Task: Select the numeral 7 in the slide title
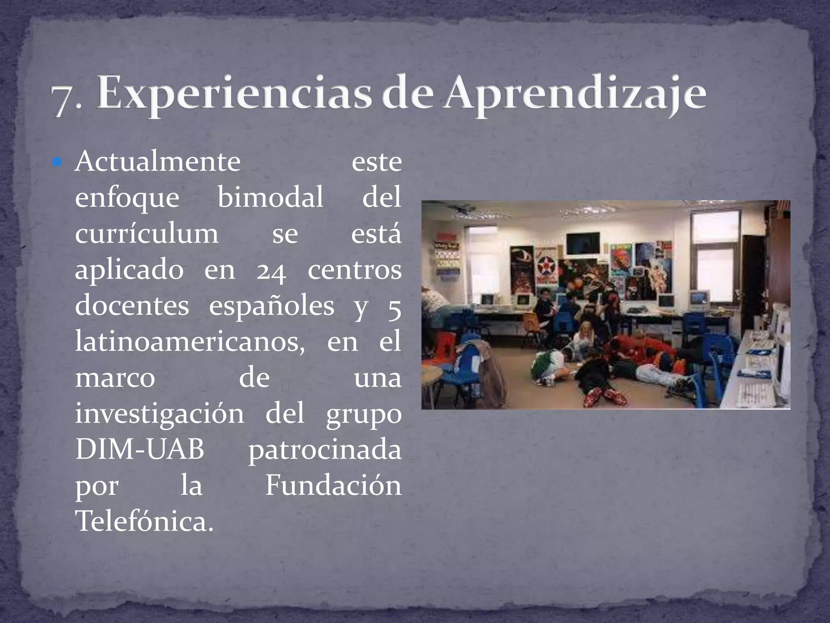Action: click(x=65, y=100)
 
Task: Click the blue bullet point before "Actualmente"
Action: click(x=58, y=163)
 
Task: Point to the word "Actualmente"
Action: click(x=158, y=162)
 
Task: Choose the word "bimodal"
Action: click(x=270, y=198)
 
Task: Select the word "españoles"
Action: click(x=272, y=307)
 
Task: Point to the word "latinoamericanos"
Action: click(x=190, y=342)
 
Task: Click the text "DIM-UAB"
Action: click(x=140, y=449)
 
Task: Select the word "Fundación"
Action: click(x=333, y=486)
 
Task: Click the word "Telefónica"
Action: click(x=144, y=522)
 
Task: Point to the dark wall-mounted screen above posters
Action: click(x=583, y=243)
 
